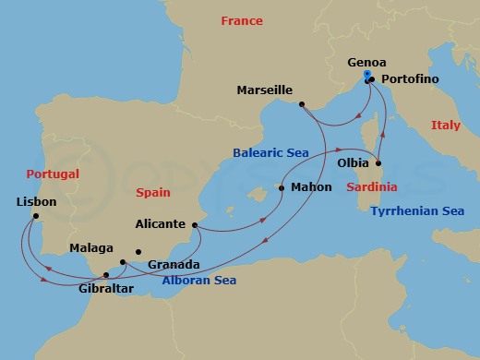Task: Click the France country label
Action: pyautogui.click(x=242, y=20)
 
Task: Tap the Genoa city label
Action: pyautogui.click(x=366, y=63)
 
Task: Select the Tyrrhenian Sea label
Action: pyautogui.click(x=416, y=210)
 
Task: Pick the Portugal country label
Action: pyautogui.click(x=53, y=174)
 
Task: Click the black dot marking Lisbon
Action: pyautogui.click(x=35, y=217)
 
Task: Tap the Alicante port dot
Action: pyautogui.click(x=196, y=223)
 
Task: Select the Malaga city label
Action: pyautogui.click(x=91, y=248)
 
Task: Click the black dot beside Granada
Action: pyautogui.click(x=138, y=251)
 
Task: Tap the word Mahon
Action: pyautogui.click(x=311, y=187)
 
